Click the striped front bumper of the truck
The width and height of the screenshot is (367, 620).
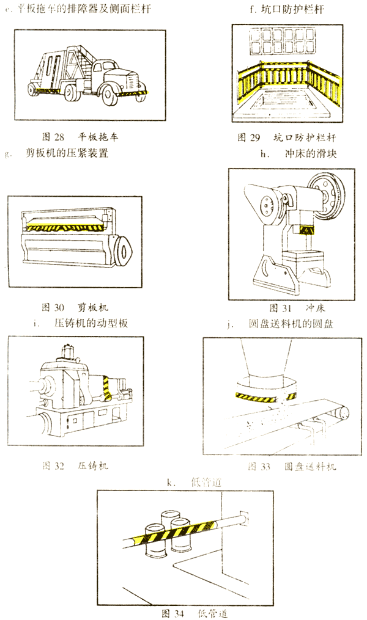pos(131,95)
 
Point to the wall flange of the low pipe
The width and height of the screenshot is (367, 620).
pos(245,517)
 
